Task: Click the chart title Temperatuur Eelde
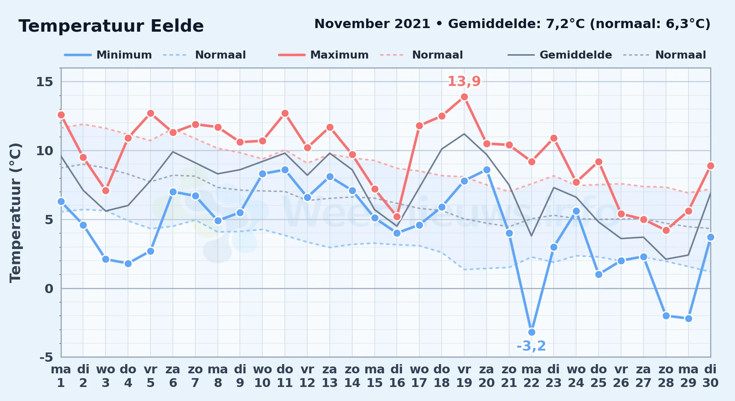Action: [111, 26]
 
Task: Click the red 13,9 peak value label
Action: [464, 81]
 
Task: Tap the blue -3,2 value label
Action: [531, 346]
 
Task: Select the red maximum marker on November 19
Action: [464, 97]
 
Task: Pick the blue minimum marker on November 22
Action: [532, 332]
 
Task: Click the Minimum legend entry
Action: [108, 55]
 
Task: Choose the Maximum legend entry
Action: [323, 55]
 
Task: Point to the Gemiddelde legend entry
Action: [560, 55]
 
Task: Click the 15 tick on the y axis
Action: [45, 82]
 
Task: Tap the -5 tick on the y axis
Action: [46, 357]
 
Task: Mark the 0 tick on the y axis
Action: [49, 288]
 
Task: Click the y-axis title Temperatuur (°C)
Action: [15, 213]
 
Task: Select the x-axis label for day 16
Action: [397, 376]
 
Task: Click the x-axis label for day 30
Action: [710, 376]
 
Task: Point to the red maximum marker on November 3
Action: [106, 190]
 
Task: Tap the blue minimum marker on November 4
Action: [128, 263]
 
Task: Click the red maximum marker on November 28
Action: [666, 230]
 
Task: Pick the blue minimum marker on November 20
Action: [487, 170]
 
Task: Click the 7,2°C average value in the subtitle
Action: [565, 24]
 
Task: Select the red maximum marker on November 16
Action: [397, 217]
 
